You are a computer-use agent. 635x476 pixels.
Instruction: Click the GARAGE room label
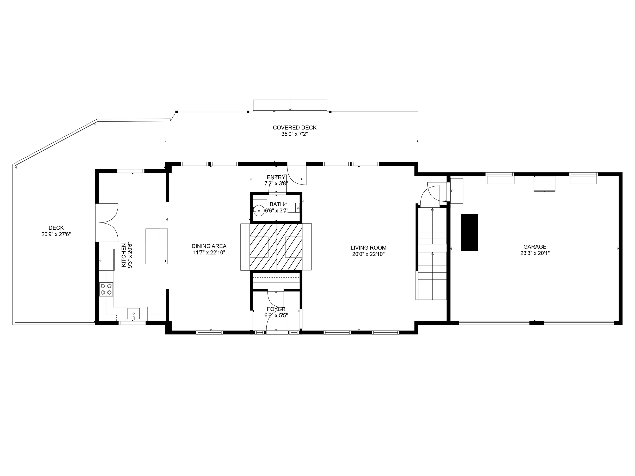pyautogui.click(x=535, y=247)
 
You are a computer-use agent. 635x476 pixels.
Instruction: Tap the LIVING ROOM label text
pyautogui.click(x=368, y=248)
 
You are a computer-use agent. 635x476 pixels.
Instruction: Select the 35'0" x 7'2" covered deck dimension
pyautogui.click(x=295, y=134)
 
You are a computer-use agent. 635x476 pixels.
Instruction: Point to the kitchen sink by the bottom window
pyautogui.click(x=134, y=314)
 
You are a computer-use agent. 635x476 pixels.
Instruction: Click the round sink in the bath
pyautogui.click(x=259, y=211)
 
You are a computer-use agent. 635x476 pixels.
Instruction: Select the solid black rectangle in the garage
pyautogui.click(x=469, y=232)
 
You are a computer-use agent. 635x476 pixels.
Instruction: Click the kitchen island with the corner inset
pyautogui.click(x=156, y=246)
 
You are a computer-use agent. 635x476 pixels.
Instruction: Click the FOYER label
pyautogui.click(x=276, y=309)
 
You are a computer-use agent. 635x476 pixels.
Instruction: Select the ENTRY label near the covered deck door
pyautogui.click(x=276, y=177)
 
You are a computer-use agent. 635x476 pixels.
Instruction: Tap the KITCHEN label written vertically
pyautogui.click(x=123, y=255)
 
